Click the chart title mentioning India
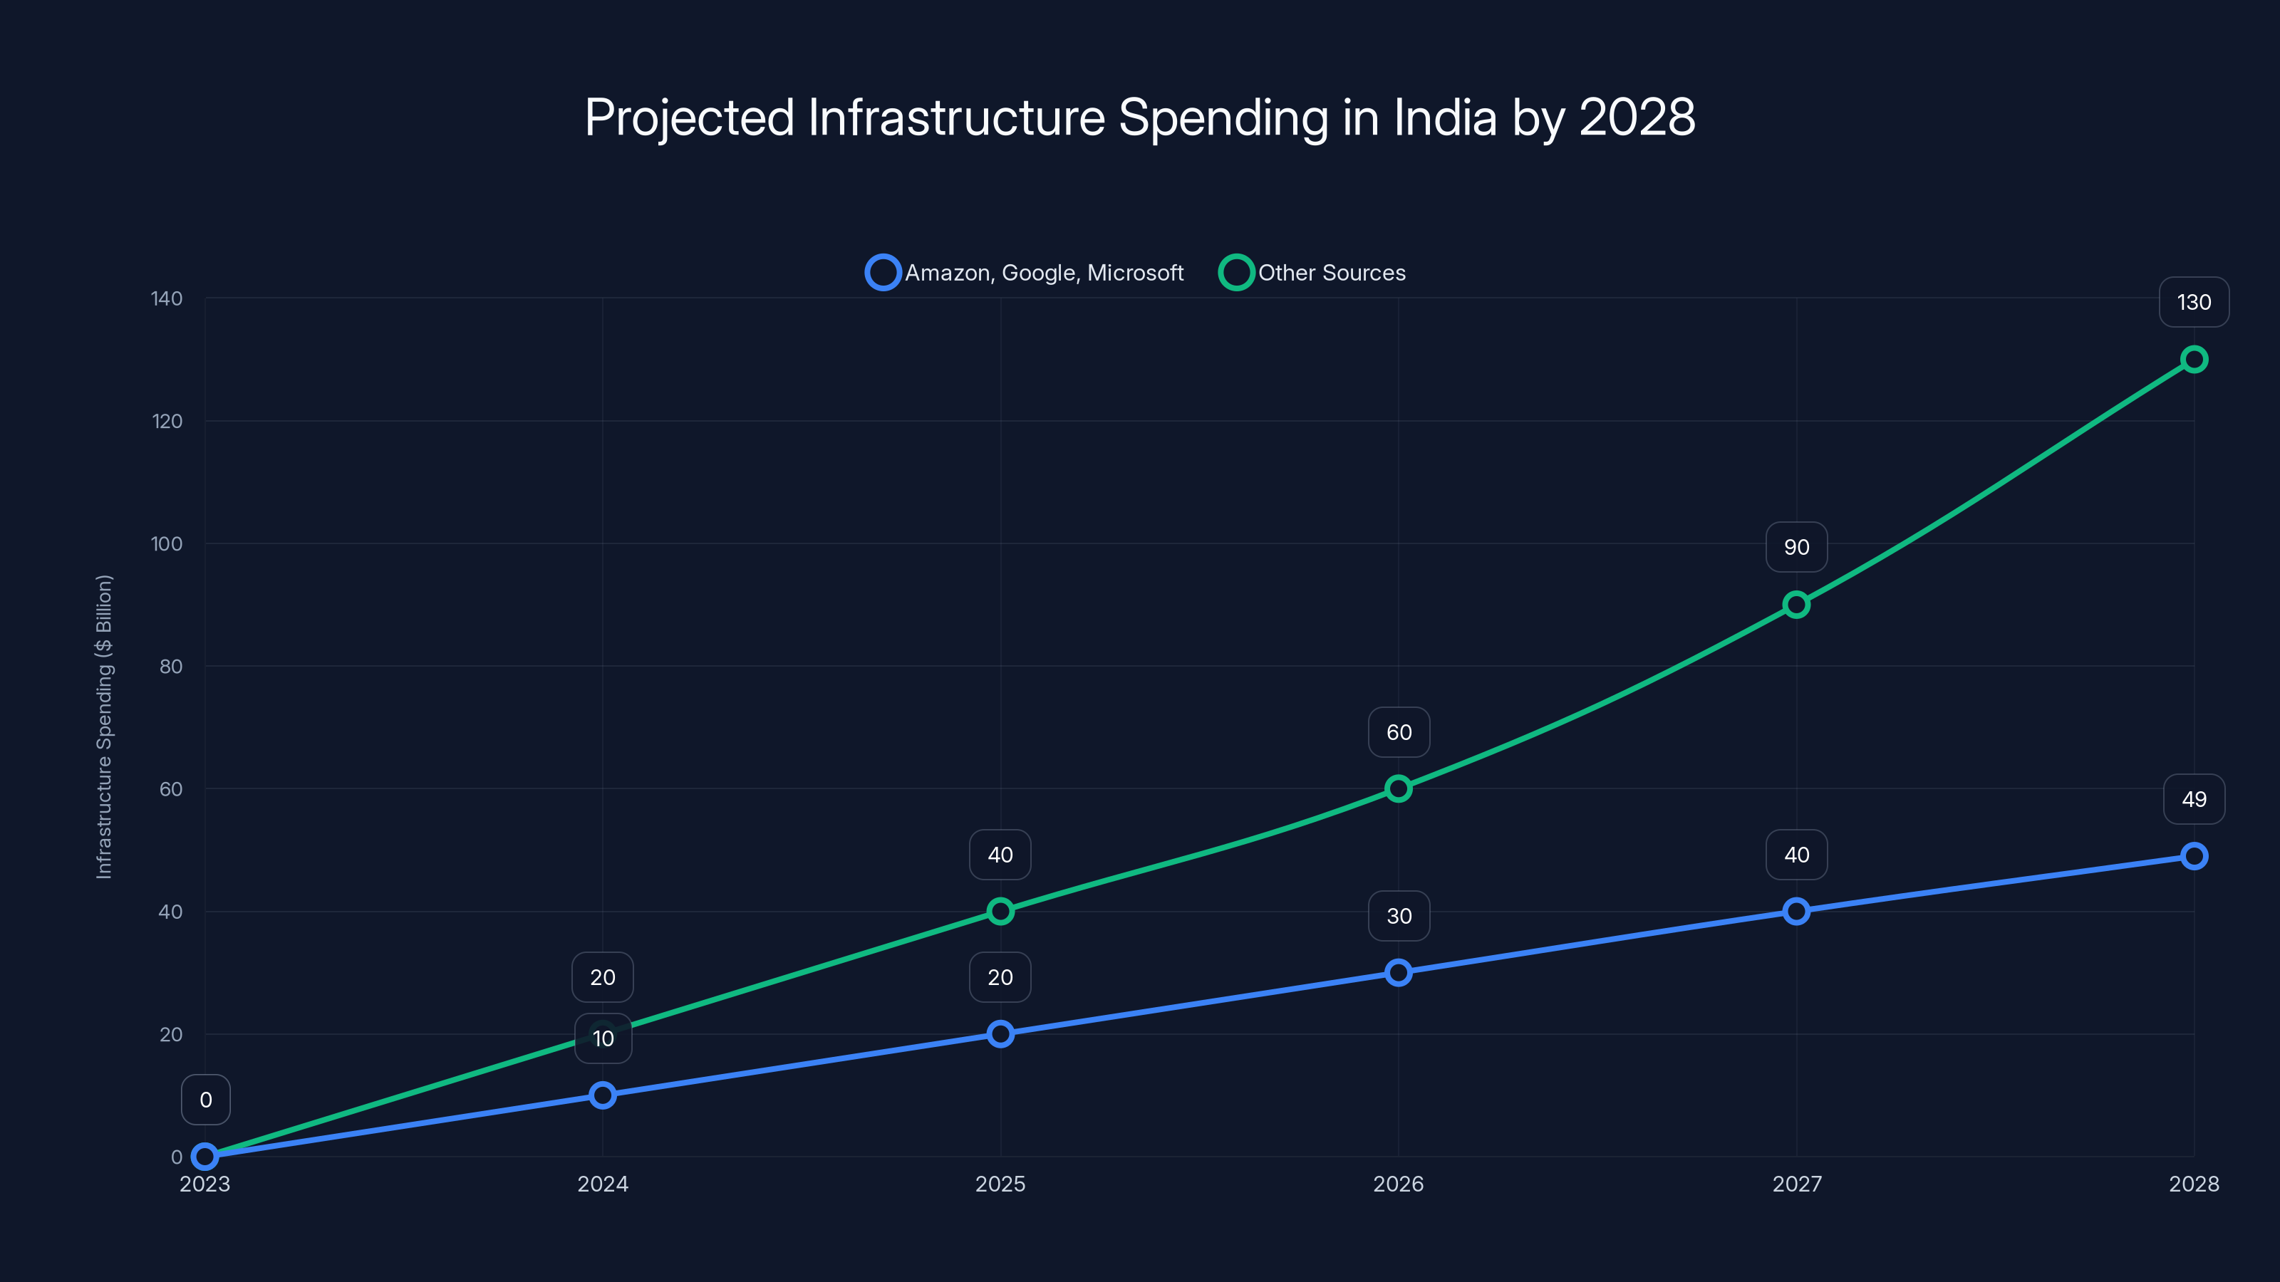(1139, 118)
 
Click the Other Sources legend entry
(1312, 273)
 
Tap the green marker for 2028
(2193, 359)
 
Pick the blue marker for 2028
(2193, 855)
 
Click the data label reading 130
(2193, 303)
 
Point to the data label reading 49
(2193, 800)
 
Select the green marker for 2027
(1795, 605)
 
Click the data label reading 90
(1795, 547)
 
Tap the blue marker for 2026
(1399, 972)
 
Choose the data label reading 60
(1399, 733)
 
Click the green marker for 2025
(1000, 912)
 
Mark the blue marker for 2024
(603, 1095)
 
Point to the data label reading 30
(1399, 916)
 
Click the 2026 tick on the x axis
(1399, 1184)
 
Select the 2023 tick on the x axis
(205, 1184)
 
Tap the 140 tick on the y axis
(167, 299)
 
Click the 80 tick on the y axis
(171, 666)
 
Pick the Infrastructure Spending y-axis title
(105, 726)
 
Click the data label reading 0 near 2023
(205, 1100)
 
